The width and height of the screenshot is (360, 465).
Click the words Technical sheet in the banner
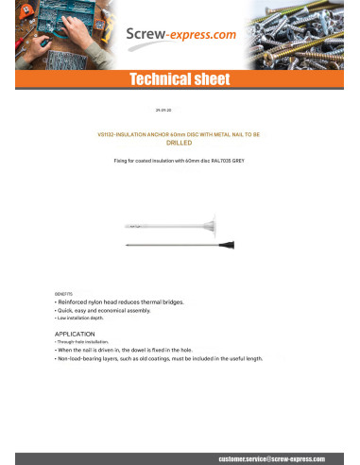coord(180,81)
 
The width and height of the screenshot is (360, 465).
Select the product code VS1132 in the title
coord(116,135)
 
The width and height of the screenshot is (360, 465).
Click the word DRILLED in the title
coord(180,142)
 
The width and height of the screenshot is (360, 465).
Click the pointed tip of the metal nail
coord(127,245)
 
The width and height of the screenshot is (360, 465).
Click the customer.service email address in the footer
coord(270,456)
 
